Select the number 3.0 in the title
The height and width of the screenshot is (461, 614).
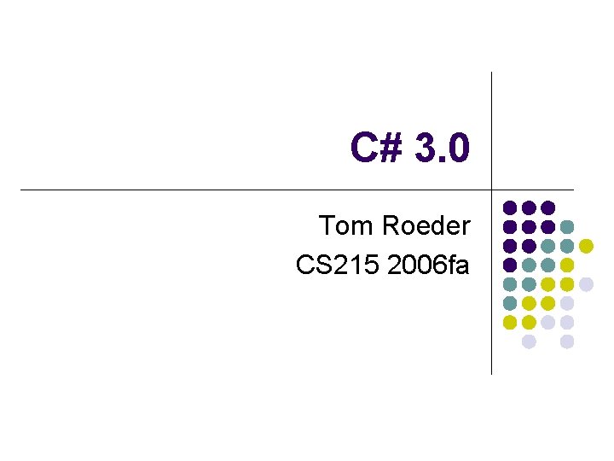tap(441, 149)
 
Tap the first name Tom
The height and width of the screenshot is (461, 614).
tap(345, 226)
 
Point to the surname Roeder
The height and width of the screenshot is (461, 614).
tap(425, 226)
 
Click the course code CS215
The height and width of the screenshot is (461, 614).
tap(338, 266)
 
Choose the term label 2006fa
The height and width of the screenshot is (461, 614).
tap(428, 266)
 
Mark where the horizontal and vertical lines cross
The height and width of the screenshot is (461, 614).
tap(492, 190)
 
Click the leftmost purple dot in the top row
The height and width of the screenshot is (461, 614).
tap(510, 207)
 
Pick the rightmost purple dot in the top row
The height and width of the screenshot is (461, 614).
tap(547, 207)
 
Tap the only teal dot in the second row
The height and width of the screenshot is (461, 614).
tap(566, 227)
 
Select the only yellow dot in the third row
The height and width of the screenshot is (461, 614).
tap(586, 246)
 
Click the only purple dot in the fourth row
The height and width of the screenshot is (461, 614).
tap(510, 265)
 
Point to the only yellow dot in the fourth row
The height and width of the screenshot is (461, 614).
tap(566, 265)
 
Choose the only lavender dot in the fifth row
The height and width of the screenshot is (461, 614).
tap(586, 284)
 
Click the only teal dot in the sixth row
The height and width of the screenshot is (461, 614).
tap(510, 303)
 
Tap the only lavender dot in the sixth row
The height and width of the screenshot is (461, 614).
tap(566, 303)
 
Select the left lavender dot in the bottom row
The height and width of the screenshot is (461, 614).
tap(529, 341)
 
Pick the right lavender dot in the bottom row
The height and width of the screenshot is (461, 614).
tap(566, 341)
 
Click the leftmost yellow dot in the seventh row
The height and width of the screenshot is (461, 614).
tap(510, 322)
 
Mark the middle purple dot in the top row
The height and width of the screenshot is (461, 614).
tap(529, 207)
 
